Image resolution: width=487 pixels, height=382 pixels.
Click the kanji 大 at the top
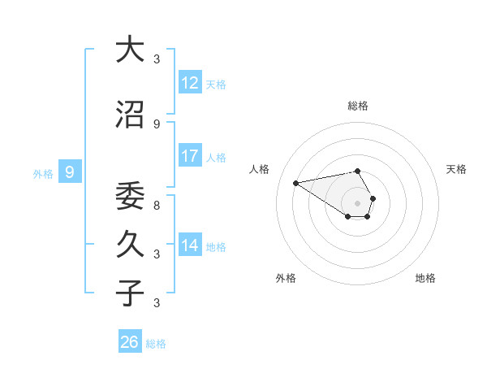(x=130, y=50)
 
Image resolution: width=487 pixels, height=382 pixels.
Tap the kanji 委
(x=130, y=195)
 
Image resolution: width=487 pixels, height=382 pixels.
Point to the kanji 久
(x=130, y=243)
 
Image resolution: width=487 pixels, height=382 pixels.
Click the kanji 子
(x=130, y=293)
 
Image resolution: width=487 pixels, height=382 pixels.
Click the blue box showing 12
(x=190, y=83)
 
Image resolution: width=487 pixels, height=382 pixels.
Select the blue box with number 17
(x=190, y=156)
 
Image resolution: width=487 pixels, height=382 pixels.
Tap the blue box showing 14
(x=190, y=245)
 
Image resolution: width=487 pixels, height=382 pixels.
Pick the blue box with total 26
(x=130, y=342)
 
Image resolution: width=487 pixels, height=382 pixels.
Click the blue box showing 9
(x=70, y=172)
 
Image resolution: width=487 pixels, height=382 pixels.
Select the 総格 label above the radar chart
(x=358, y=106)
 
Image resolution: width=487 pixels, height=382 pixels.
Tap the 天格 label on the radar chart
(x=456, y=169)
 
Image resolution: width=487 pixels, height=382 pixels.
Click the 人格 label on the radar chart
(x=260, y=169)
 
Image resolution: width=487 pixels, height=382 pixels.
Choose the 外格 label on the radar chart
(x=285, y=278)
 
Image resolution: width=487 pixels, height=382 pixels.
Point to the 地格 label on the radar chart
(x=425, y=278)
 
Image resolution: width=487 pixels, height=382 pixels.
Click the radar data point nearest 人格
(x=296, y=182)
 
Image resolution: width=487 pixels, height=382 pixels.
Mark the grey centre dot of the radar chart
(x=358, y=202)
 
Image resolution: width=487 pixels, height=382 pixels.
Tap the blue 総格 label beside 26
(x=156, y=344)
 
